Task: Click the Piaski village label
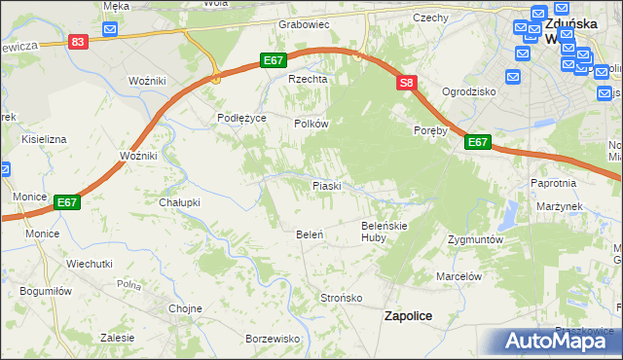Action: (325, 185)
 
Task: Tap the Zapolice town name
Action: (409, 315)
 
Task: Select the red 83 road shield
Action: (79, 42)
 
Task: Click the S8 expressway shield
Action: (407, 85)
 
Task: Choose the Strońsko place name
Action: (342, 297)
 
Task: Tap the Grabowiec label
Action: (305, 24)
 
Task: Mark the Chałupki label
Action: (179, 202)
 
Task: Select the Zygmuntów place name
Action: (474, 238)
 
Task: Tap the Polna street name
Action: (128, 285)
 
